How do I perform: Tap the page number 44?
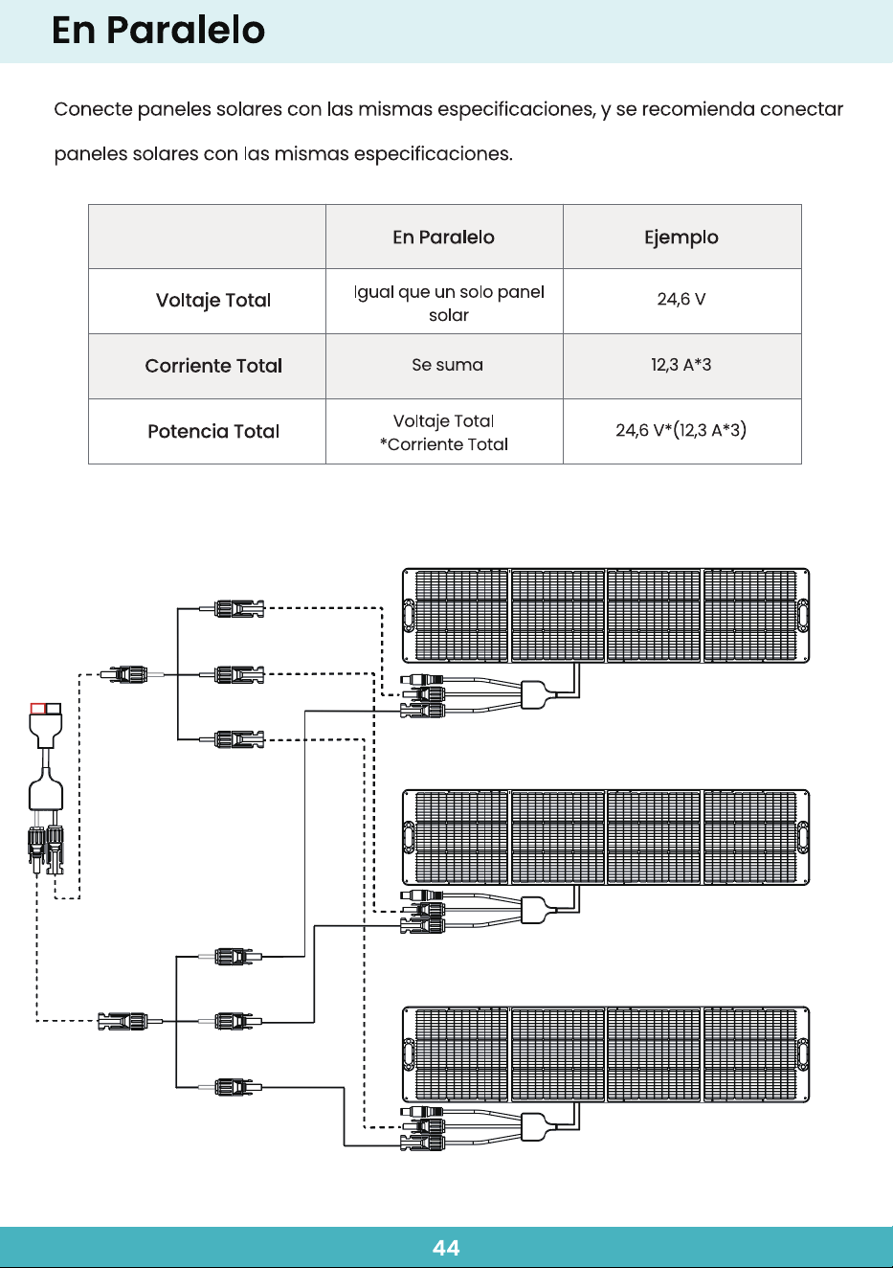[x=446, y=1248]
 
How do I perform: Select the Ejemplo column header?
[x=681, y=238]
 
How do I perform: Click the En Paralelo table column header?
[x=444, y=238]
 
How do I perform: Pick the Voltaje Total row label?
[x=213, y=300]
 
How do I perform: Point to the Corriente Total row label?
[x=213, y=366]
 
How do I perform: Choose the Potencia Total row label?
[x=213, y=431]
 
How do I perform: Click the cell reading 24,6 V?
[x=681, y=299]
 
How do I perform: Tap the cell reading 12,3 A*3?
[x=681, y=365]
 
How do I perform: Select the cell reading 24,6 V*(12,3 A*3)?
[x=681, y=430]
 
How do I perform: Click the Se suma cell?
[x=447, y=365]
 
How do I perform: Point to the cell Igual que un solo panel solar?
[x=449, y=304]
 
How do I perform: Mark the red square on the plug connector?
[x=38, y=708]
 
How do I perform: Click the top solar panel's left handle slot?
[x=409, y=615]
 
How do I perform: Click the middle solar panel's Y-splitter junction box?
[x=533, y=910]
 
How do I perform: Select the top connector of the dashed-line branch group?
[x=239, y=609]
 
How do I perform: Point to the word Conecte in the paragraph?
[x=94, y=108]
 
